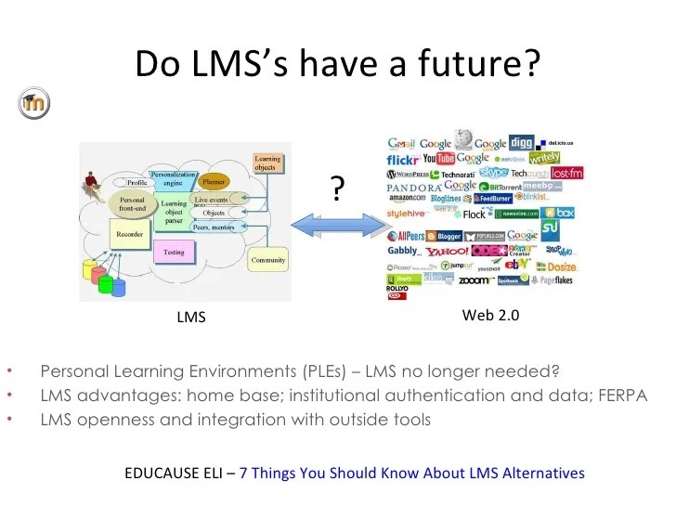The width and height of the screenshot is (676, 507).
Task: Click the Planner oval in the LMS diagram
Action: click(214, 181)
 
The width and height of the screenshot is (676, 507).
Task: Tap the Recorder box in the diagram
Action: click(129, 235)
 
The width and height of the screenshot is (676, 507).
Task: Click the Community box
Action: click(268, 260)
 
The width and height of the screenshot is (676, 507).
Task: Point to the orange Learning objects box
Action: click(267, 164)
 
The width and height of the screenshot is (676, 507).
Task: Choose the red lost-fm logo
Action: click(567, 173)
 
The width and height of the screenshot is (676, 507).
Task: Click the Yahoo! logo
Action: click(448, 251)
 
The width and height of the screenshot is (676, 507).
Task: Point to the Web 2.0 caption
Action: click(490, 316)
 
